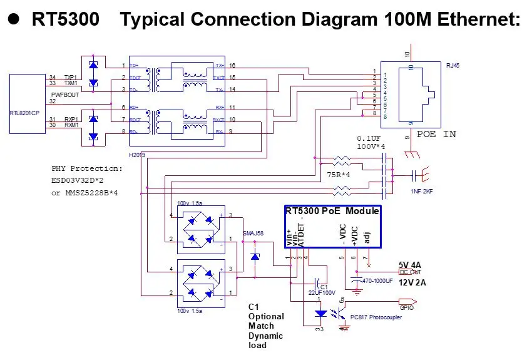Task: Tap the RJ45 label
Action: tap(453, 64)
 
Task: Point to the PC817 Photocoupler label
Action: tap(376, 317)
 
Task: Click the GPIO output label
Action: tap(406, 307)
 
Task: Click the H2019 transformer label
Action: tap(137, 153)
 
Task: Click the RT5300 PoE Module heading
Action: tap(332, 211)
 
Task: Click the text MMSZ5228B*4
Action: tap(91, 193)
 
